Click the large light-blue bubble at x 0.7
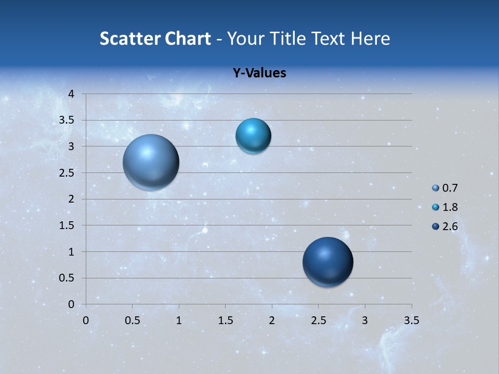click(x=151, y=162)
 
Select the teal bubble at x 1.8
click(x=253, y=136)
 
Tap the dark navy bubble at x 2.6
click(x=327, y=262)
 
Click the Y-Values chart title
click(x=259, y=73)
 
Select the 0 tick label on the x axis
click(x=86, y=320)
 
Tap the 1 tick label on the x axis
click(x=179, y=320)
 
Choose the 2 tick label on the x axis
click(x=272, y=320)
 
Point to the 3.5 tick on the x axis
click(x=411, y=320)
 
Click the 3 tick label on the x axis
click(x=365, y=320)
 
